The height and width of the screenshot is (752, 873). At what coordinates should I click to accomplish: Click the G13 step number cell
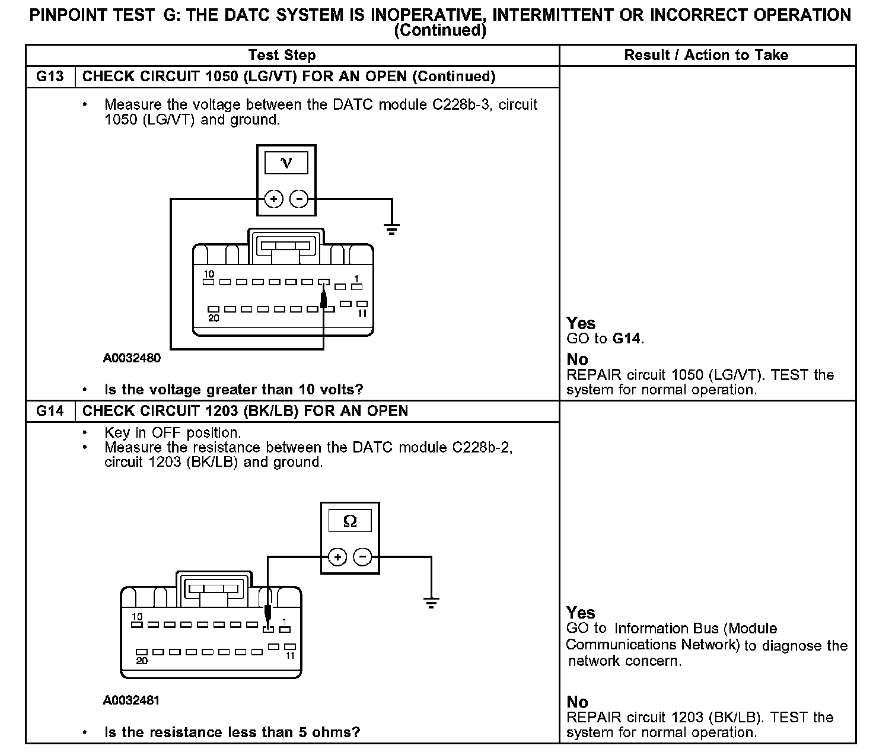(x=50, y=77)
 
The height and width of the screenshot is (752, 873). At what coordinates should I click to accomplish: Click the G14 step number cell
(x=50, y=411)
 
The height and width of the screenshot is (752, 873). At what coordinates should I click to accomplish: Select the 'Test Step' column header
(x=282, y=55)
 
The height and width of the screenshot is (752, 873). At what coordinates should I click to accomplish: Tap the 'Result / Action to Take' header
(x=706, y=55)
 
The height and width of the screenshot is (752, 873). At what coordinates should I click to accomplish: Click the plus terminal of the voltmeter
(x=273, y=199)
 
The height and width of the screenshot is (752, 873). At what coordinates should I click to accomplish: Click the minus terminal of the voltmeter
(x=299, y=199)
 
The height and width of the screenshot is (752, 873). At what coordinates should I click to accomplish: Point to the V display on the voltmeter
(x=286, y=162)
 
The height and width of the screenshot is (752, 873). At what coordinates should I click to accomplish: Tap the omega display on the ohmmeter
(x=350, y=521)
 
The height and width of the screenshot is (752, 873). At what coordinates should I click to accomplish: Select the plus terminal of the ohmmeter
(x=337, y=557)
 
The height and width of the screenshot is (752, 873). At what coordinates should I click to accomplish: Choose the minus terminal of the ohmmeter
(x=362, y=557)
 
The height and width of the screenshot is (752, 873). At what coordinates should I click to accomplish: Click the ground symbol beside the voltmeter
(x=391, y=228)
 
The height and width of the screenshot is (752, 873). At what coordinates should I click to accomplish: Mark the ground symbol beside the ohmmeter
(x=431, y=603)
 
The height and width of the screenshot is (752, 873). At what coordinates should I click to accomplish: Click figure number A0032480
(x=132, y=358)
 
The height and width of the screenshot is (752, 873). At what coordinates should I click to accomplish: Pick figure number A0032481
(x=132, y=700)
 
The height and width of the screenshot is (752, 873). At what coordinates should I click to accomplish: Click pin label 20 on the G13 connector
(x=214, y=318)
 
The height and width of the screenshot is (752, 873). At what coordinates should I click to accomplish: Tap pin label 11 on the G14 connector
(x=290, y=656)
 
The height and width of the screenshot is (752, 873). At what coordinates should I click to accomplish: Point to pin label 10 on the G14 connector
(x=137, y=617)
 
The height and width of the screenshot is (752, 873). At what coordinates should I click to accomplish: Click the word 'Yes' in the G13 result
(x=581, y=323)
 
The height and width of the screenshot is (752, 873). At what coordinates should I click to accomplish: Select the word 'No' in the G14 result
(x=577, y=702)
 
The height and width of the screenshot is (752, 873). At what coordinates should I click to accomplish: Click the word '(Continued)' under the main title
(x=440, y=31)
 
